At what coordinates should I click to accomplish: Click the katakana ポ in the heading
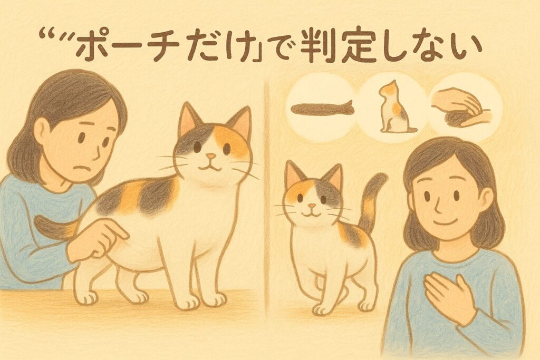tap(91, 46)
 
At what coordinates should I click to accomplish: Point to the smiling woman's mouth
tap(444, 222)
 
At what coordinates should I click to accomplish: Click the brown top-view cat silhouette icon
tap(322, 109)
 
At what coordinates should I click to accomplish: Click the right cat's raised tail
tap(371, 201)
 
